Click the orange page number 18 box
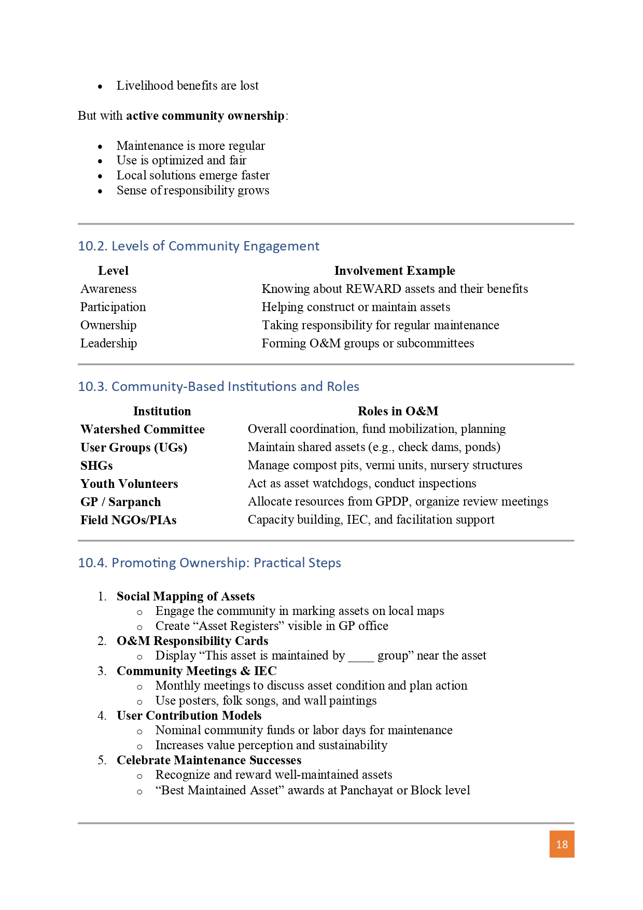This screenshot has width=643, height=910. point(562,844)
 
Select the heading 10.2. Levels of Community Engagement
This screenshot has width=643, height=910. point(199,246)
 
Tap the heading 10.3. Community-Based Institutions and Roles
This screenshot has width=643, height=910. point(218,386)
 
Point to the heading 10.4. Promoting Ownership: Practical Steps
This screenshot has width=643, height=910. point(209,563)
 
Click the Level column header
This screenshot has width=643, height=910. point(113,271)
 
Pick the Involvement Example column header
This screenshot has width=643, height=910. point(395,271)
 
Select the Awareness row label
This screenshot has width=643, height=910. point(108,289)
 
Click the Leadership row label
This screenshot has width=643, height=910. point(108,343)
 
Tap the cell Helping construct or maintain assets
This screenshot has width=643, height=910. point(356,307)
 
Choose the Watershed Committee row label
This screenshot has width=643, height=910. point(143,429)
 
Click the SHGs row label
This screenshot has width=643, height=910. point(96,466)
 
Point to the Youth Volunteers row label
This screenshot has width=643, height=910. point(129,484)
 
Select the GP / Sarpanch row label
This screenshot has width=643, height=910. point(120,502)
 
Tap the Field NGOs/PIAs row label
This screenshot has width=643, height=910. point(128,520)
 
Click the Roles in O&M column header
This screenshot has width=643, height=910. point(398,411)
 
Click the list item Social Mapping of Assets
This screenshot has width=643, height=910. point(186,596)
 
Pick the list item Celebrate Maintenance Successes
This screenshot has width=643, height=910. point(209,760)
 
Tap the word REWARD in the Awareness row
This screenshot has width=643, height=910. point(373,289)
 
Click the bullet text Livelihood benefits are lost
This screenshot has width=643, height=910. point(187,86)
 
